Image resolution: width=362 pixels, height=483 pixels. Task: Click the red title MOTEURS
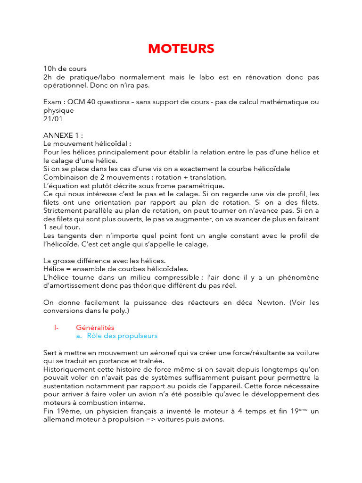pos(181,49)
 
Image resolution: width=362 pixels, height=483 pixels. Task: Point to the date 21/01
pos(53,119)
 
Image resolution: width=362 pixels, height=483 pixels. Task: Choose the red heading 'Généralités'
pos(95,327)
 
